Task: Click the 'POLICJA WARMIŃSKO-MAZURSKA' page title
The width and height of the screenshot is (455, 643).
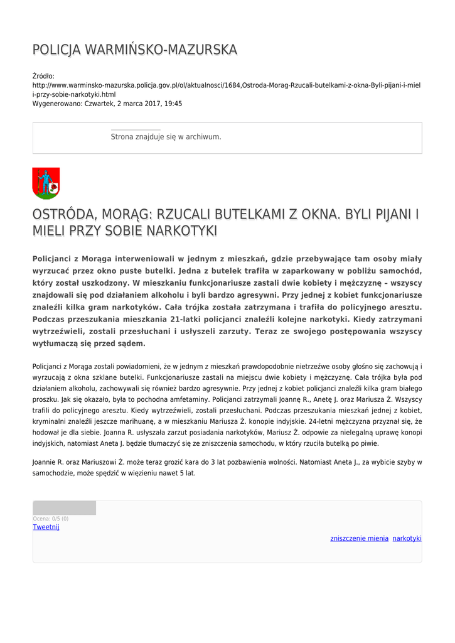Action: (x=135, y=50)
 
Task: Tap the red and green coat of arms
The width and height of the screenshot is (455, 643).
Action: (x=46, y=183)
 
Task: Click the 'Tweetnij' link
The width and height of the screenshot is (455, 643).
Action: (x=46, y=527)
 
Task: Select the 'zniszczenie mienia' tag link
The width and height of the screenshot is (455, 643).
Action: (x=359, y=538)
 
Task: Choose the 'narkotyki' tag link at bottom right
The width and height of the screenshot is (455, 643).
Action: (x=407, y=538)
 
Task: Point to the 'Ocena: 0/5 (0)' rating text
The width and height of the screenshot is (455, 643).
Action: (x=51, y=519)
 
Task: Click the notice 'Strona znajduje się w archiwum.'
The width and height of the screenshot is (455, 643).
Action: (x=166, y=137)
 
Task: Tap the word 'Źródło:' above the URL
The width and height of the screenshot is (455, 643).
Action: (x=43, y=76)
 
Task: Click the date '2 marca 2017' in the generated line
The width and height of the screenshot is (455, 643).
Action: (x=138, y=104)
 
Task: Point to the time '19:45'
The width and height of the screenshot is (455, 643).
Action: (x=173, y=104)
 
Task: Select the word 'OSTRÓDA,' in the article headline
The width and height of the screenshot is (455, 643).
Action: (x=62, y=215)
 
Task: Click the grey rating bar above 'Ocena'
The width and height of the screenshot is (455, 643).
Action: (x=64, y=508)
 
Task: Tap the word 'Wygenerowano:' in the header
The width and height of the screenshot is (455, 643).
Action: (x=57, y=104)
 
